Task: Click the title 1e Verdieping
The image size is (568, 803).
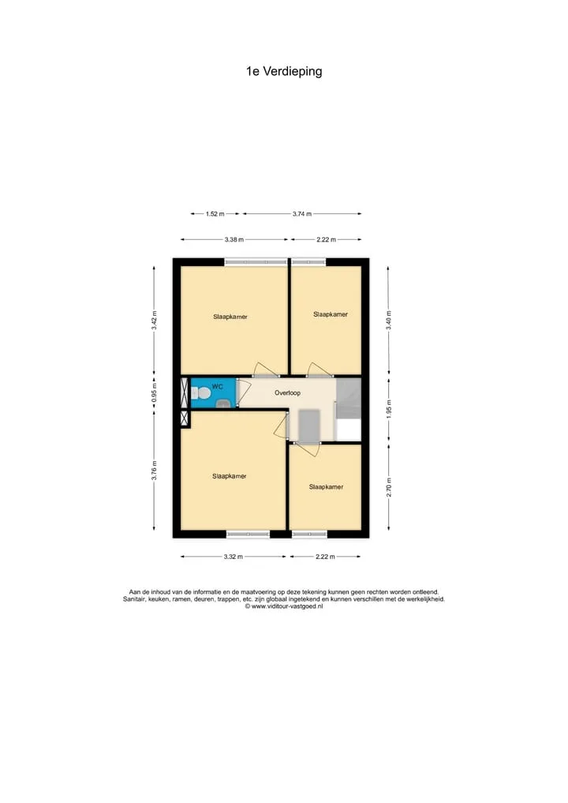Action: pyautogui.click(x=284, y=72)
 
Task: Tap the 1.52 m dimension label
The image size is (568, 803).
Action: pyautogui.click(x=215, y=214)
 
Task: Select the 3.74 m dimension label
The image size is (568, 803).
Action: pyautogui.click(x=302, y=214)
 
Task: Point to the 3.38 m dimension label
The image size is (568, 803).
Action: pyautogui.click(x=234, y=240)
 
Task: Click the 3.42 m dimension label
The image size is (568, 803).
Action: pyautogui.click(x=154, y=320)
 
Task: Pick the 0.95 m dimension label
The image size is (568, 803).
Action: pyautogui.click(x=154, y=392)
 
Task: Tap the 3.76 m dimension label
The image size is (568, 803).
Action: pyautogui.click(x=154, y=471)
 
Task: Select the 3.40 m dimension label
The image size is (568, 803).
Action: pyautogui.click(x=388, y=320)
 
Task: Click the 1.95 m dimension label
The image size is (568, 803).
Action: pyautogui.click(x=388, y=409)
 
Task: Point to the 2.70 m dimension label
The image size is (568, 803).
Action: pyautogui.click(x=388, y=487)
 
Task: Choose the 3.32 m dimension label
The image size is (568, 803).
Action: pyautogui.click(x=233, y=557)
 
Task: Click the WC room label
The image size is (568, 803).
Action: pyautogui.click(x=217, y=387)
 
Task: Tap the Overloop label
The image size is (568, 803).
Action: pyautogui.click(x=288, y=393)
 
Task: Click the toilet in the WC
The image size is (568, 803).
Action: pyautogui.click(x=200, y=394)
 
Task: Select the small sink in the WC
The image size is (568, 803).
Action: pyautogui.click(x=223, y=404)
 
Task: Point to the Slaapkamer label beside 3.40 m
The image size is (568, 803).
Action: pyautogui.click(x=331, y=314)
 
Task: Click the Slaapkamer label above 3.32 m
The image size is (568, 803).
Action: pyautogui.click(x=230, y=476)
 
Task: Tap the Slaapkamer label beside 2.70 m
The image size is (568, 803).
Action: pyautogui.click(x=326, y=487)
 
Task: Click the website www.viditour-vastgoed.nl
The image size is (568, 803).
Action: pyautogui.click(x=287, y=606)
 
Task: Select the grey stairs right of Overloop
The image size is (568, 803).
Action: pyautogui.click(x=348, y=400)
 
